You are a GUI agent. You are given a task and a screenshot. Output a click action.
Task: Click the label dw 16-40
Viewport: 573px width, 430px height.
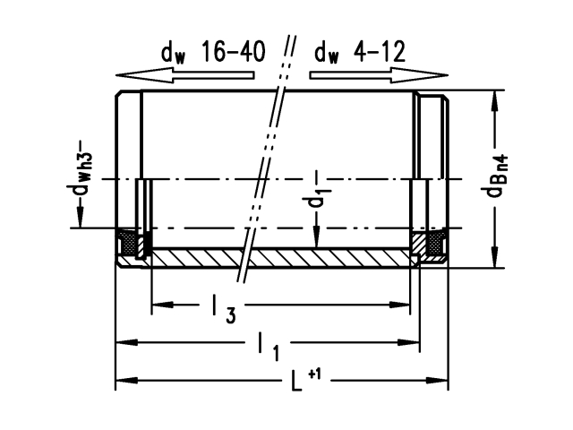(213, 53)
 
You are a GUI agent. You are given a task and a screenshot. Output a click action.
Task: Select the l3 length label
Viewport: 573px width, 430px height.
(223, 310)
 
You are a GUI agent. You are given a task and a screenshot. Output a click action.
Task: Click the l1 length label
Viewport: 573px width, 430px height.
(267, 345)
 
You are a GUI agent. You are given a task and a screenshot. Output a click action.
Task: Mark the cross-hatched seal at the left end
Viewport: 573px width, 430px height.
(130, 243)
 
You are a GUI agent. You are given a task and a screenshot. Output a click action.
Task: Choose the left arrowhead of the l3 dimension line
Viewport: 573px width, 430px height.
(158, 306)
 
